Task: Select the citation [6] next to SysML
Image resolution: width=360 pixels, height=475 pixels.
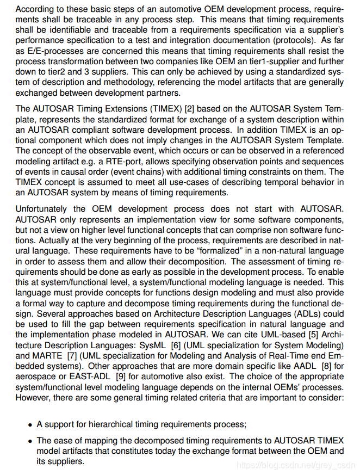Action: pyautogui.click(x=176, y=346)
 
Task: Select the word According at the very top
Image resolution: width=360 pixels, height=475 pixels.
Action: pyautogui.click(x=35, y=10)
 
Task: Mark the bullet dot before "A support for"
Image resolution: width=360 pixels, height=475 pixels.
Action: pyautogui.click(x=30, y=425)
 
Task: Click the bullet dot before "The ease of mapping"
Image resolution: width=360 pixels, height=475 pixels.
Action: pyautogui.click(x=30, y=441)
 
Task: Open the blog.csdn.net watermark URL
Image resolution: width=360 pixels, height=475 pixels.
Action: pyautogui.click(x=296, y=465)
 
